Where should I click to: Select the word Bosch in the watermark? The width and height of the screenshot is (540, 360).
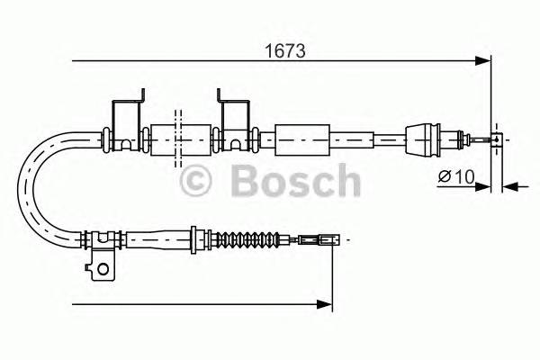294,183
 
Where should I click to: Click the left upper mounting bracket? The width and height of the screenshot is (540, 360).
125,117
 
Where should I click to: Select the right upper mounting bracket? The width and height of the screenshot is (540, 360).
234,117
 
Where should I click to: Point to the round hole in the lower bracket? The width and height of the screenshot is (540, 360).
103,266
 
